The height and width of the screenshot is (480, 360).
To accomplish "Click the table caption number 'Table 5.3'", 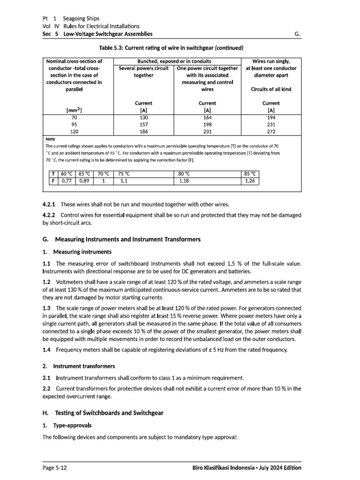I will pyautogui.click(x=111, y=48).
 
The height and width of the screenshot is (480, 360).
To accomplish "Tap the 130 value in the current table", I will pyautogui.click(x=143, y=118).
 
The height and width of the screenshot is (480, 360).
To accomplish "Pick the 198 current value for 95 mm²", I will pyautogui.click(x=207, y=125).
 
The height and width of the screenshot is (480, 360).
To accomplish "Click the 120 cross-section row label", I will pyautogui.click(x=74, y=132).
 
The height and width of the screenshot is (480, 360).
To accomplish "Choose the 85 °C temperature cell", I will pyautogui.click(x=251, y=173).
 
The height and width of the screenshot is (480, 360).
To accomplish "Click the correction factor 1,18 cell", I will pyautogui.click(x=184, y=181).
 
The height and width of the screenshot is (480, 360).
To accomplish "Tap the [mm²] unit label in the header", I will pyautogui.click(x=74, y=110).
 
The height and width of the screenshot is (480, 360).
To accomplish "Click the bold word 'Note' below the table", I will pyautogui.click(x=50, y=139).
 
